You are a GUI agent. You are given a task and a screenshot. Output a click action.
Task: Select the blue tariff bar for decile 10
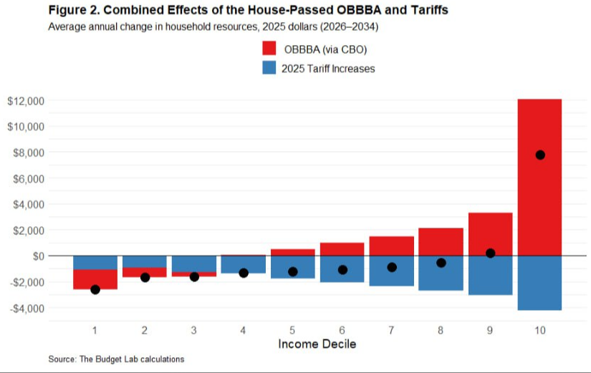(539, 283)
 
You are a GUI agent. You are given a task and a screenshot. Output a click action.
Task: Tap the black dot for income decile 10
(540, 155)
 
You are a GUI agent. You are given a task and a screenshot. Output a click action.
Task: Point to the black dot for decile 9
(491, 253)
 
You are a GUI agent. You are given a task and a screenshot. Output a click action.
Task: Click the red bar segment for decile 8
(441, 241)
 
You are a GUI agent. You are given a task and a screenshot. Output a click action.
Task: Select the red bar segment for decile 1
(95, 279)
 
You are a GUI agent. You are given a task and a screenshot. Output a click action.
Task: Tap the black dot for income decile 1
(95, 289)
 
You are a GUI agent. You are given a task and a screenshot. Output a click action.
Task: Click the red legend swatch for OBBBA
(269, 49)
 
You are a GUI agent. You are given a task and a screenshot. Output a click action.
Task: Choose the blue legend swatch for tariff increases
(269, 69)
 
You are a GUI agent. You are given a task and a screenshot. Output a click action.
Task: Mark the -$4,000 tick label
(26, 308)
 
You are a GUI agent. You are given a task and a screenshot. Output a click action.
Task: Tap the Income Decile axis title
(317, 344)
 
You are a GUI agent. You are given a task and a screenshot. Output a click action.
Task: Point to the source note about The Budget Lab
(116, 359)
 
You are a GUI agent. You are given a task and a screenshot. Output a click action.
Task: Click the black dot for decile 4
(243, 273)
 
